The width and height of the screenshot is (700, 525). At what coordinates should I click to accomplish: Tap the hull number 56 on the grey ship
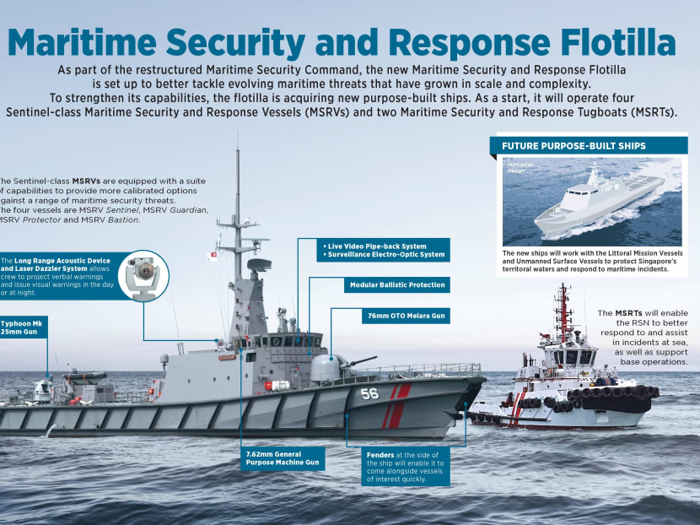369,393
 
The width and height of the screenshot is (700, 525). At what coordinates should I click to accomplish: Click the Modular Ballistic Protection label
396,285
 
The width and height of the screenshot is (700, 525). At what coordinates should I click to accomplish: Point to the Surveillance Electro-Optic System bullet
384,254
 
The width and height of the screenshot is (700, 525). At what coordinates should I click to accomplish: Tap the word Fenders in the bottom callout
380,455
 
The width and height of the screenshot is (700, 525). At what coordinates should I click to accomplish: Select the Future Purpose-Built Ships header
574,146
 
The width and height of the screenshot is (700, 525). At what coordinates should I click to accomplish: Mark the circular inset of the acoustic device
143,276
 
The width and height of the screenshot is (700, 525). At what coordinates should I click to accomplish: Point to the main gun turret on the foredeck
328,367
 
